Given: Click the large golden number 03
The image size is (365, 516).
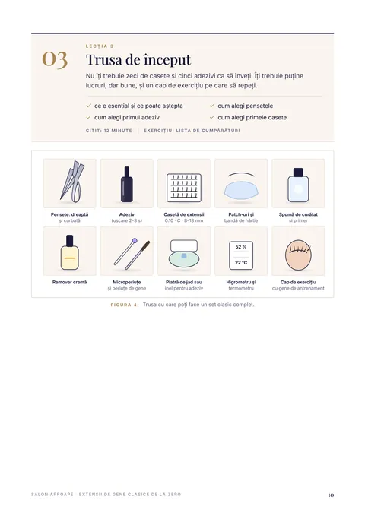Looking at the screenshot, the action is click(x=55, y=60).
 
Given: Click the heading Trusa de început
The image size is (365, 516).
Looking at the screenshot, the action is click(x=138, y=60).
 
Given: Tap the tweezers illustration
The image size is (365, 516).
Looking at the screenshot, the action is click(x=71, y=181).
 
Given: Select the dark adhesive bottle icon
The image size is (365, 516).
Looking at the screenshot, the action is click(x=127, y=184).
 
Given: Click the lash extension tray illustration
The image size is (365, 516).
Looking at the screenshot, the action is click(x=184, y=187).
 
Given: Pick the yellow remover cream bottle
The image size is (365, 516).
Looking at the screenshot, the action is click(x=69, y=252).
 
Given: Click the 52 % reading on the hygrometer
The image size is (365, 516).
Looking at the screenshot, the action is click(x=241, y=247).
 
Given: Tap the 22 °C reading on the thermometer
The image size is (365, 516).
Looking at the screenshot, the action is click(x=241, y=263).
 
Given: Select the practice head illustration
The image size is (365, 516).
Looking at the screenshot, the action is click(x=298, y=255).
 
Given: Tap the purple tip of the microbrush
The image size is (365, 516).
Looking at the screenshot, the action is click(x=135, y=241).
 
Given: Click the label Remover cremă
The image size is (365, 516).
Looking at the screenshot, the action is click(x=69, y=282).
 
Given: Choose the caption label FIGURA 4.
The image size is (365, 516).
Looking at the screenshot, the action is click(x=125, y=305).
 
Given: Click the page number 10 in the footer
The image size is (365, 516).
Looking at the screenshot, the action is click(x=331, y=495).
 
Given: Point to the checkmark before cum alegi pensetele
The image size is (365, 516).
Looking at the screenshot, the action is click(x=212, y=106).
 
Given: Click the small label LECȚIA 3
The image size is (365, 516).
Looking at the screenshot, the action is click(x=100, y=46).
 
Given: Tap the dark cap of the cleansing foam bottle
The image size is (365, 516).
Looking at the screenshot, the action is click(x=298, y=172).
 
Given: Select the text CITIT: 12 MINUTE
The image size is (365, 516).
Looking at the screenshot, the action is click(x=109, y=131).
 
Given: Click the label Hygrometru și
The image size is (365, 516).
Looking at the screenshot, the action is click(x=241, y=282).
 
